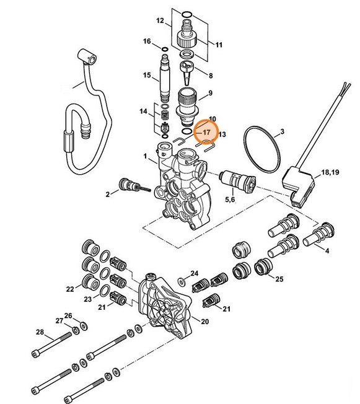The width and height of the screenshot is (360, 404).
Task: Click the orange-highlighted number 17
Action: [x=206, y=133]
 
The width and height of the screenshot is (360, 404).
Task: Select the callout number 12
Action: [x=160, y=20]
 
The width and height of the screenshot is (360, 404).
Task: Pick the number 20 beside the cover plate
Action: [x=205, y=321]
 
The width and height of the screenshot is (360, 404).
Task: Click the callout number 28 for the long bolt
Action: [x=40, y=332]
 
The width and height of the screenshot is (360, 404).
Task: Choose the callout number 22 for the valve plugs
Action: [x=71, y=288]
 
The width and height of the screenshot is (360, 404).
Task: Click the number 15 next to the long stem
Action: [x=147, y=76]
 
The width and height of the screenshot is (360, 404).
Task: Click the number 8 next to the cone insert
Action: [x=210, y=76]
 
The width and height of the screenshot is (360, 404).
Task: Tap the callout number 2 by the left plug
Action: [x=107, y=195]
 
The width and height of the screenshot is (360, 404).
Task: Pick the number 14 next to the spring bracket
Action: [x=144, y=112]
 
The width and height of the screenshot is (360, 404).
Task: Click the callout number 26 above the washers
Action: [x=68, y=315]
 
